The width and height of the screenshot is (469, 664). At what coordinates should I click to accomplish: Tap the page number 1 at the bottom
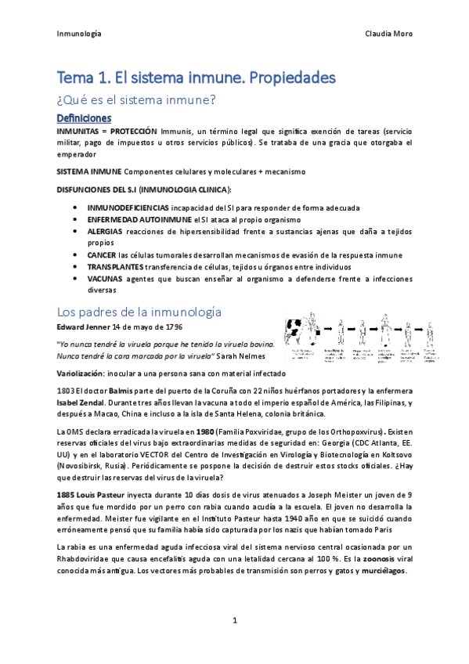pyautogui.click(x=234, y=622)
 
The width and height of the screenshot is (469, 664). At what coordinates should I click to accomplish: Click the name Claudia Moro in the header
pyautogui.click(x=388, y=34)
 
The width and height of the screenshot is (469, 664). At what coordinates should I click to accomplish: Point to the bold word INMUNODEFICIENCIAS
pyautogui.click(x=128, y=207)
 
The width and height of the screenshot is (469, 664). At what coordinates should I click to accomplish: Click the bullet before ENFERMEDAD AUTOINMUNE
pyautogui.click(x=74, y=220)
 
